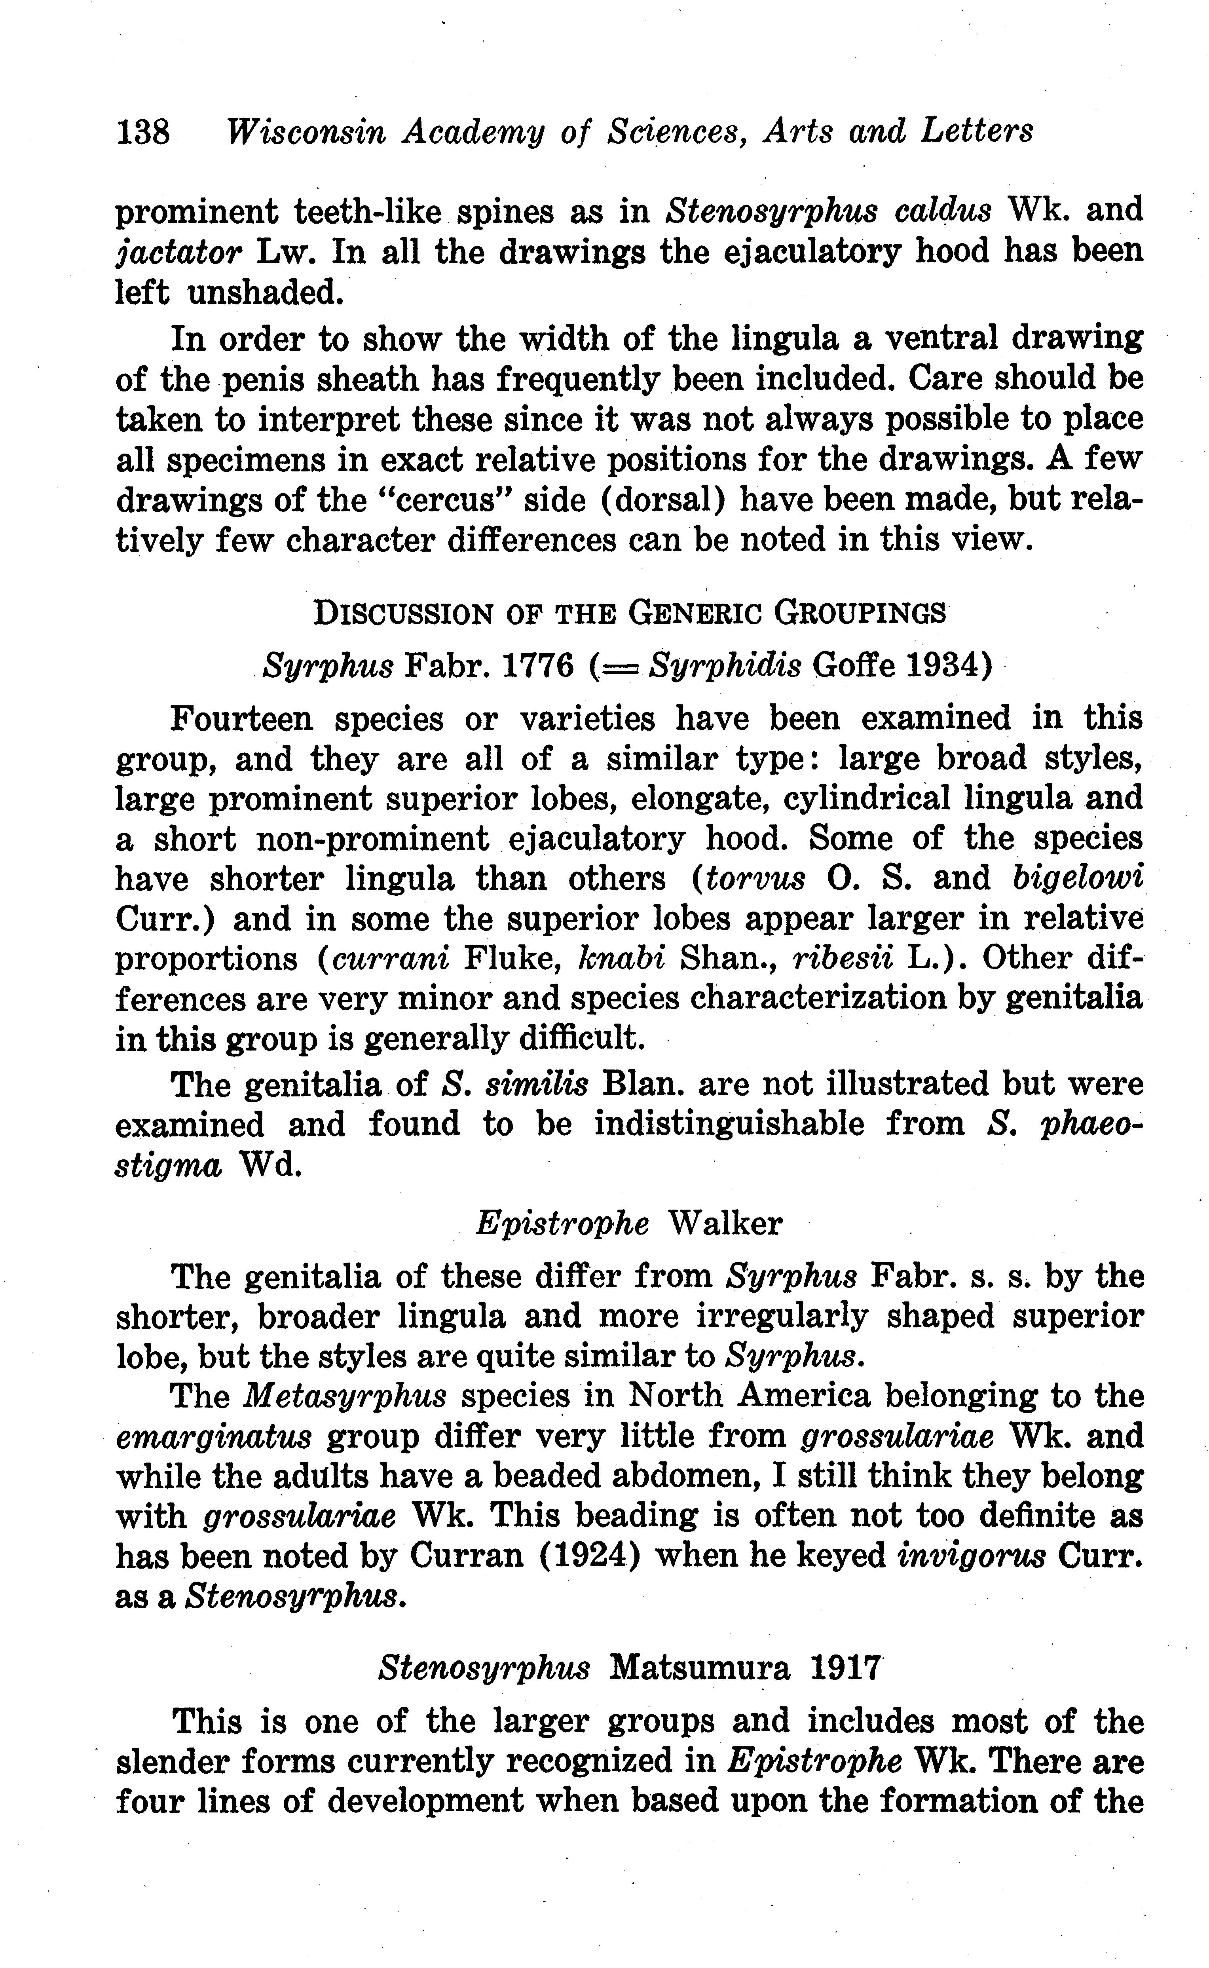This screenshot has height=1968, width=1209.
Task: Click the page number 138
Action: [143, 131]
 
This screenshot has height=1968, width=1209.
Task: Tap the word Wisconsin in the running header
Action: [306, 131]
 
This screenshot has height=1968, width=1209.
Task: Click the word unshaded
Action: [266, 293]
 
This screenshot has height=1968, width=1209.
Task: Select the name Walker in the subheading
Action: [725, 1223]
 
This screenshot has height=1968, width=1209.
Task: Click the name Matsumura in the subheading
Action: [699, 1669]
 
